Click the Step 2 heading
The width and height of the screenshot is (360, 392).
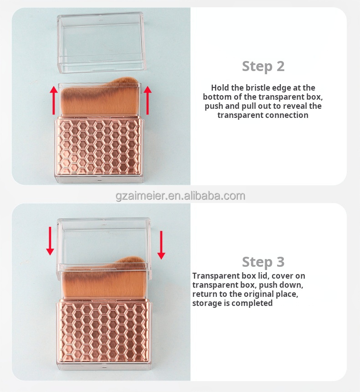(263, 66)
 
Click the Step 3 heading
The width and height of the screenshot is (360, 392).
(263, 262)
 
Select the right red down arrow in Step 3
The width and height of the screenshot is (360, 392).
(161, 244)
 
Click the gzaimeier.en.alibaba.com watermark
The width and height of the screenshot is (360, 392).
(180, 196)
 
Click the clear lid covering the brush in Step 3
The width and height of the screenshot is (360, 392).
(104, 241)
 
